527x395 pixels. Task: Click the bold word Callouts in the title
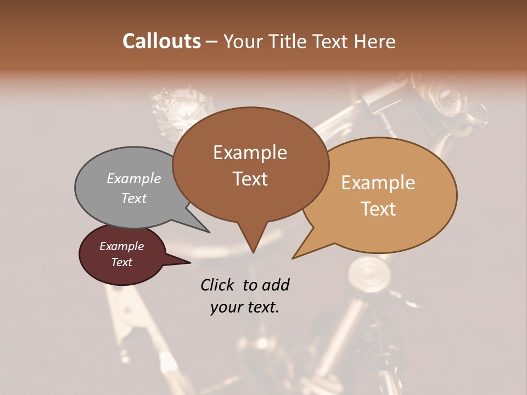click(x=161, y=41)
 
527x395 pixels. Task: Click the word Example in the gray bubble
click(x=134, y=178)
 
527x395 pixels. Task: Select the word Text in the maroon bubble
click(x=122, y=262)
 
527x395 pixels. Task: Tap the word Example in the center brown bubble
click(x=250, y=153)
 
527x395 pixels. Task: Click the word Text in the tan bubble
click(x=379, y=209)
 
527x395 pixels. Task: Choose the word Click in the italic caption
click(x=217, y=285)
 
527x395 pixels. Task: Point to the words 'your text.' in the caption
click(x=245, y=307)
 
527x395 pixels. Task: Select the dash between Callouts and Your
click(x=212, y=42)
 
